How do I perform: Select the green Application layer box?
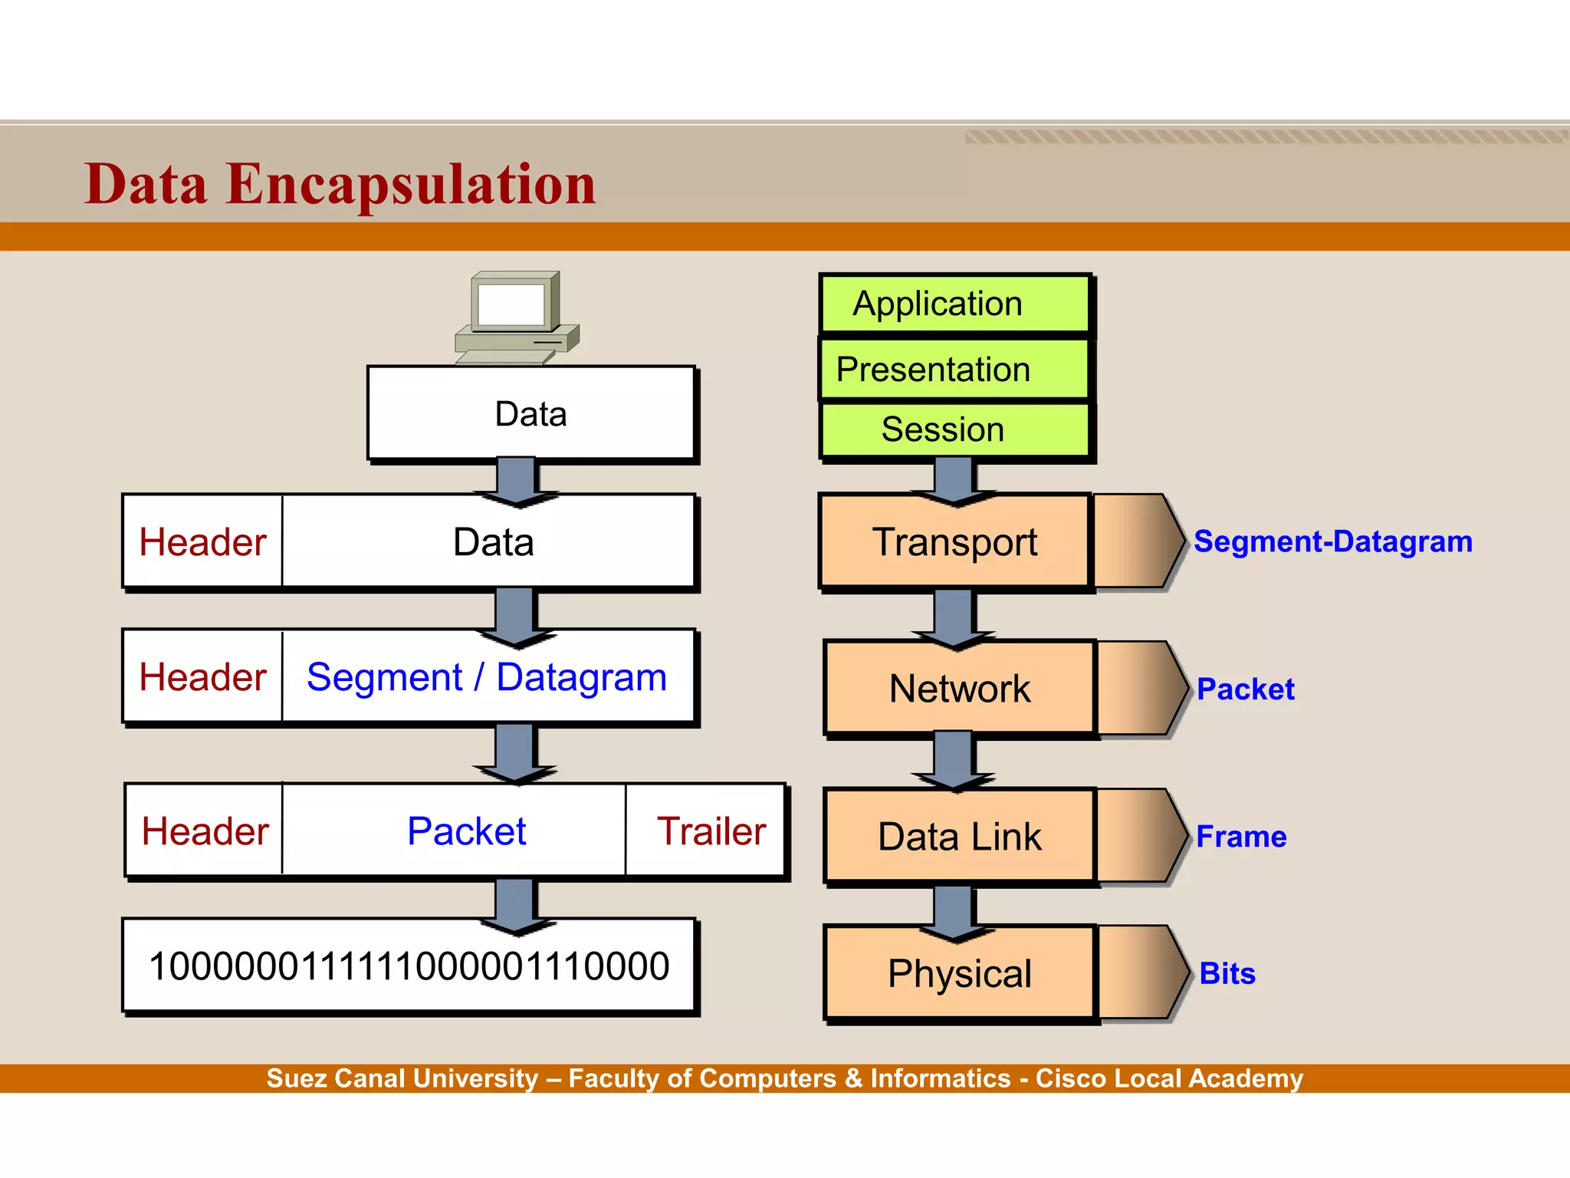954,304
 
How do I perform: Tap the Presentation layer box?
954,370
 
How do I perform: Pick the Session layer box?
954,429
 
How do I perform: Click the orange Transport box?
954,542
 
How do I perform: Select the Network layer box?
959,689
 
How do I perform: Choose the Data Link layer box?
959,836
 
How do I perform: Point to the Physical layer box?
959,973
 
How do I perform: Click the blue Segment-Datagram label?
1332,541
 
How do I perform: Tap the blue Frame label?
1240,836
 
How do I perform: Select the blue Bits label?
1227,973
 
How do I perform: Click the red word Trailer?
711,831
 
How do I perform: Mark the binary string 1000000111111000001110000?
409,966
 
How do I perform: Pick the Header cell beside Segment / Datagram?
202,677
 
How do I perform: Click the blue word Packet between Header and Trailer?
466,831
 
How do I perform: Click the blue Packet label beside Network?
1245,689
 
